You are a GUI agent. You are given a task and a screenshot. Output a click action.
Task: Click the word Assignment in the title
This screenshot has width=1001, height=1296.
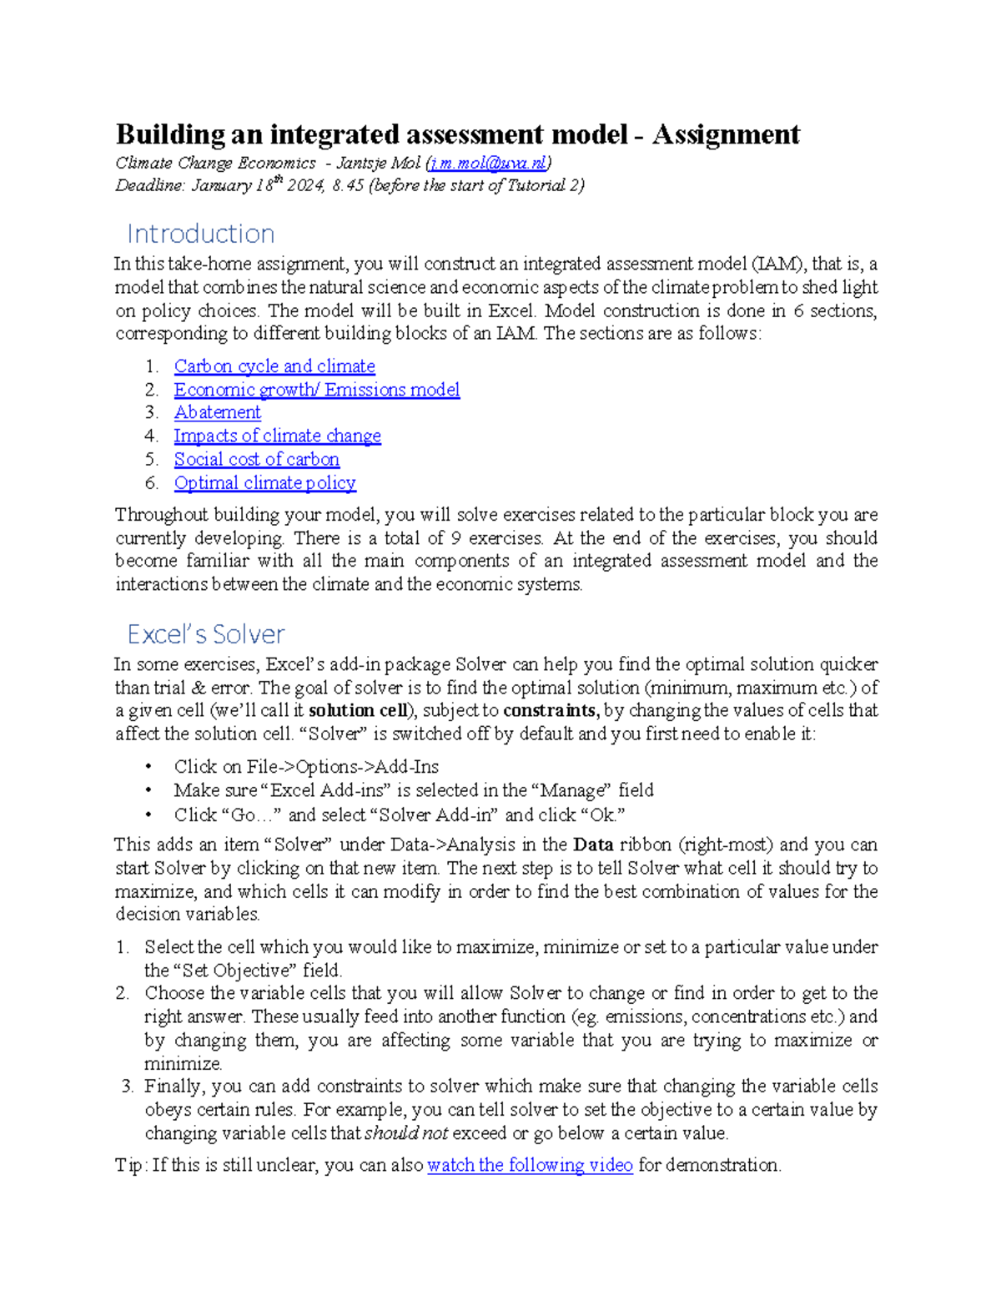726,134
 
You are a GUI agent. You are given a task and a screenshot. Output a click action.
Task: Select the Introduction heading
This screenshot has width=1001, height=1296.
200,234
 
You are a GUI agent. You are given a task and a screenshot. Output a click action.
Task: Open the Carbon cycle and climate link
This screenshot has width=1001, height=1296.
274,366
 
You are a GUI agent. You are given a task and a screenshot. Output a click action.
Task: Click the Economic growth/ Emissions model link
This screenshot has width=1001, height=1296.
317,390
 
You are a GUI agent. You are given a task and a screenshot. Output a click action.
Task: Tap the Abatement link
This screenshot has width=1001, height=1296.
218,412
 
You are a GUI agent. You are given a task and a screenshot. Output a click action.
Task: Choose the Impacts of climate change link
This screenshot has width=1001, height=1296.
277,436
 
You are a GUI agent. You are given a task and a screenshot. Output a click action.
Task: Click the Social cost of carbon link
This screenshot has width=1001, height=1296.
257,459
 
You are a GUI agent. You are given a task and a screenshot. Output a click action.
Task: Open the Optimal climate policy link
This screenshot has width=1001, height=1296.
265,482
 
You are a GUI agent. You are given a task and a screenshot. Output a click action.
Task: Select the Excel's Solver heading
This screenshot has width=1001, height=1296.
206,634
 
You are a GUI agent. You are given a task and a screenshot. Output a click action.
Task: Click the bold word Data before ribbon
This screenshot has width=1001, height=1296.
593,845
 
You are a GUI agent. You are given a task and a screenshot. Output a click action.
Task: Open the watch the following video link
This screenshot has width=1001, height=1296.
530,1165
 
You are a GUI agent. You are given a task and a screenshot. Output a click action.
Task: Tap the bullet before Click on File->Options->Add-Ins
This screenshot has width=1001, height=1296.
148,767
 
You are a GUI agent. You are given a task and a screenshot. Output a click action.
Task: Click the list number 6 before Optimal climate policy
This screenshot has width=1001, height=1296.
151,482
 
